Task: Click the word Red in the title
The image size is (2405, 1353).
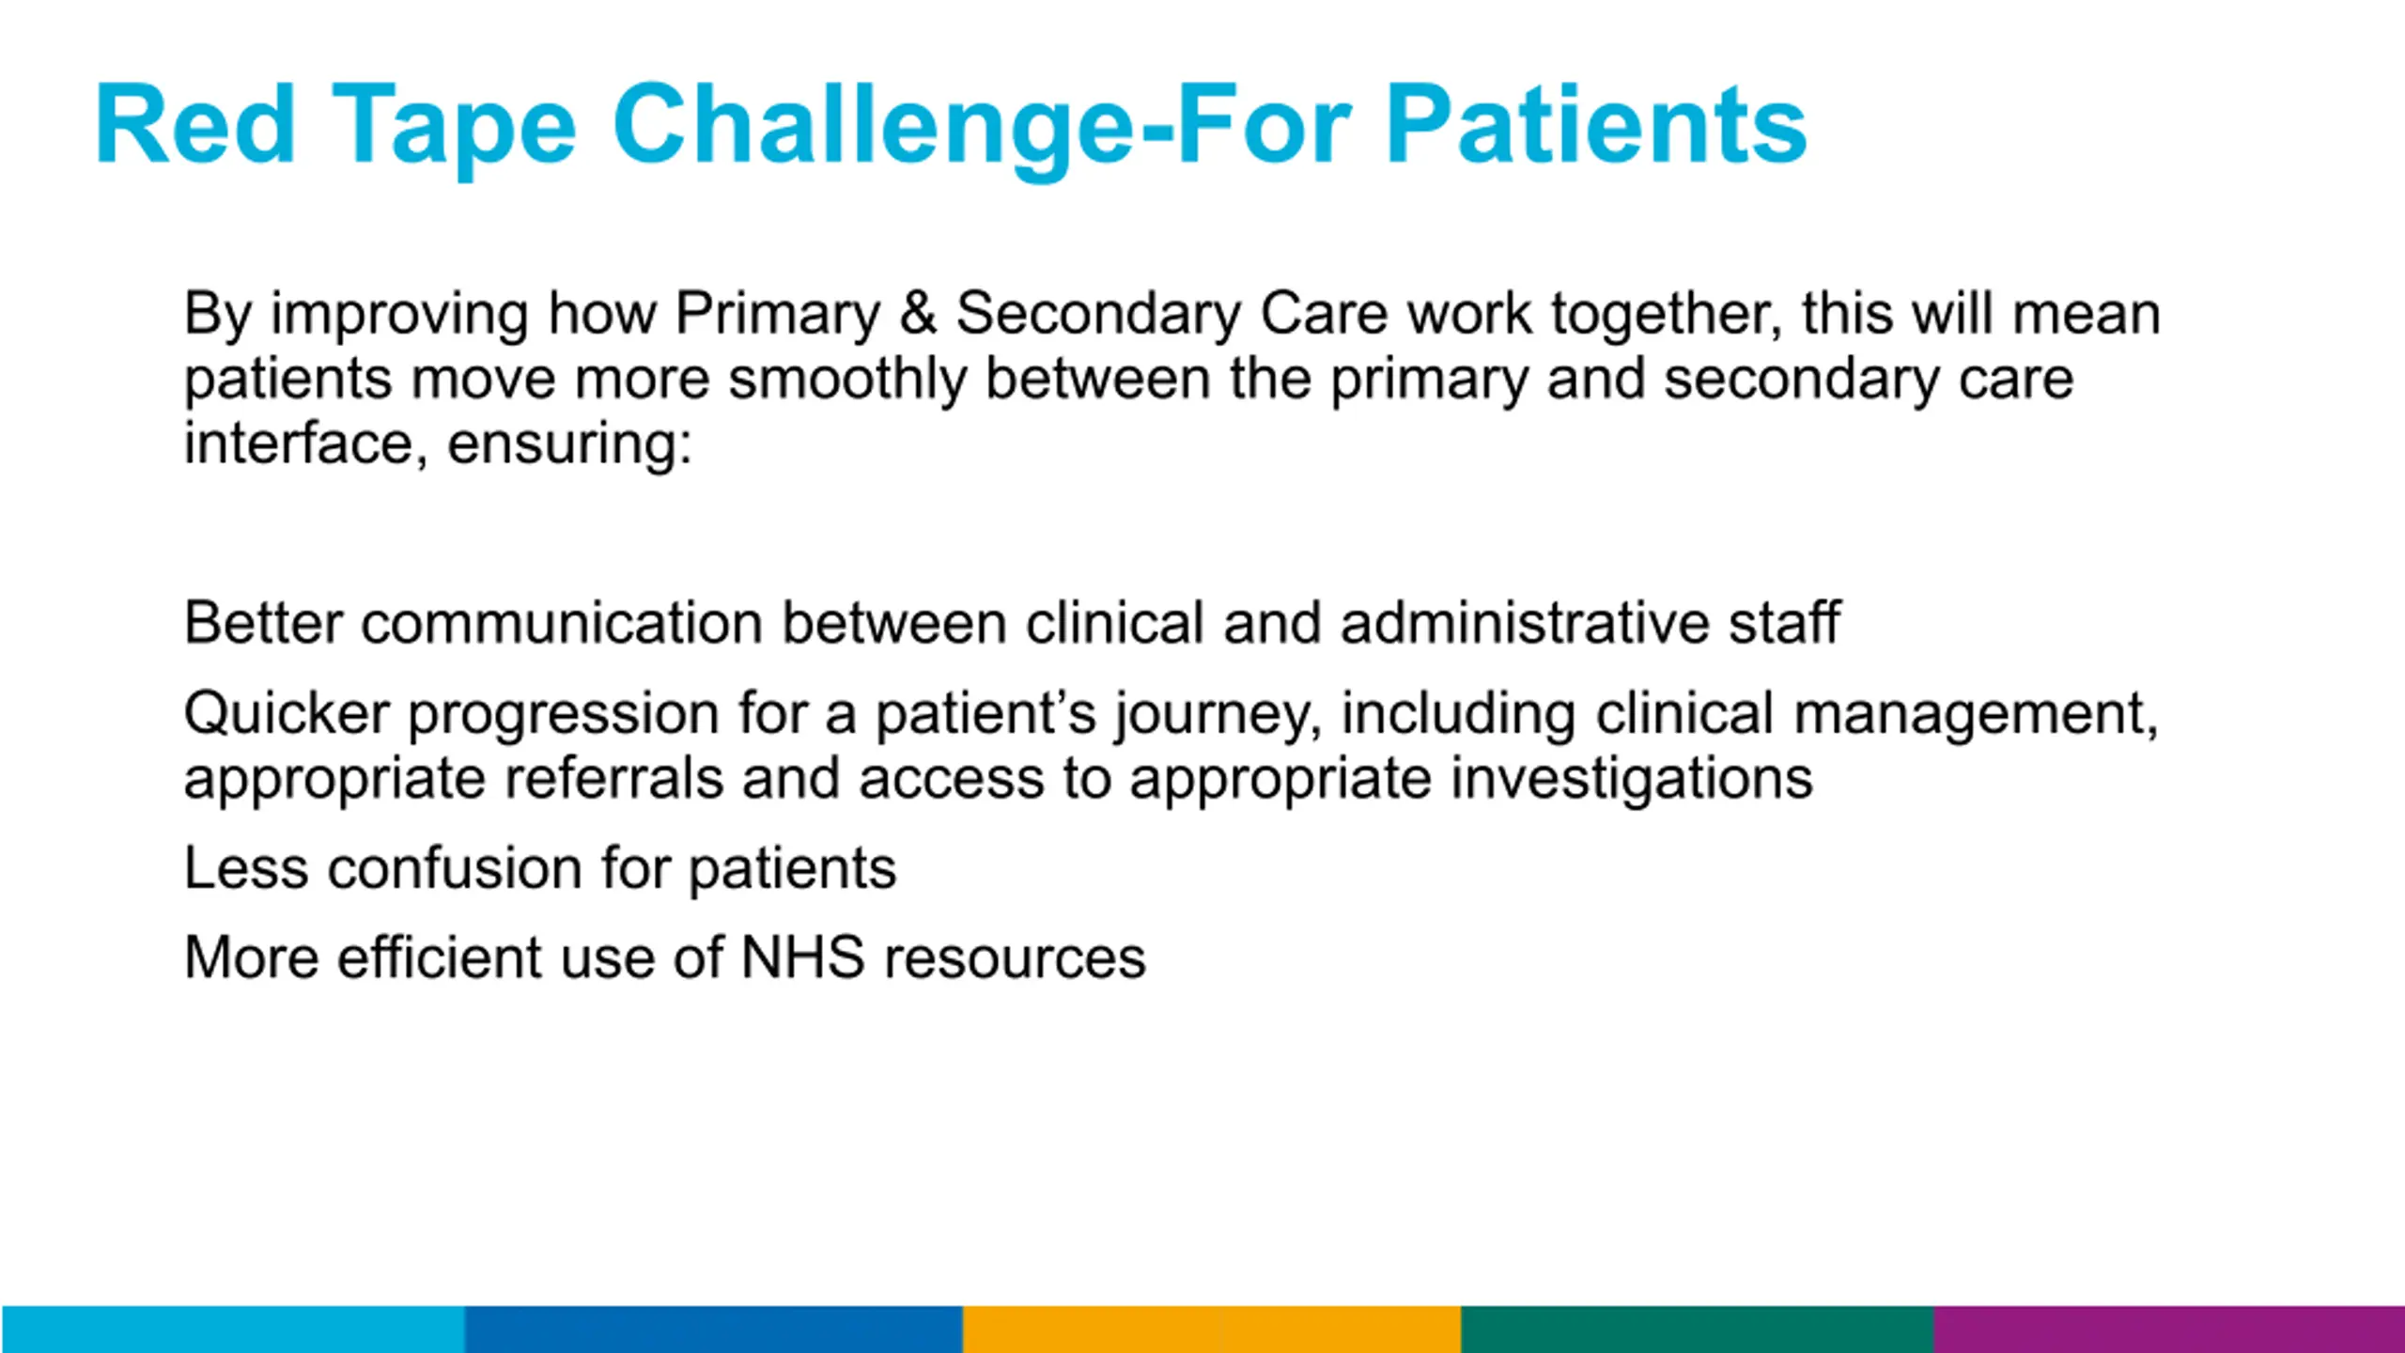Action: (x=196, y=124)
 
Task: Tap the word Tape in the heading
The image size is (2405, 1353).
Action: (x=454, y=132)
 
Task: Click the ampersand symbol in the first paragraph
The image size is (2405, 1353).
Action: (x=918, y=312)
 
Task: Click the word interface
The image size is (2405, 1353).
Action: (x=299, y=443)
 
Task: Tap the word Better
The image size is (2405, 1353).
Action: (x=263, y=622)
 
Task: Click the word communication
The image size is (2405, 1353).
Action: (x=562, y=622)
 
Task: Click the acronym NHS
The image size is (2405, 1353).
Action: (x=802, y=957)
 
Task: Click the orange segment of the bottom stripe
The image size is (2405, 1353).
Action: (x=1212, y=1329)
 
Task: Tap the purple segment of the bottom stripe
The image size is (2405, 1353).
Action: (x=2169, y=1329)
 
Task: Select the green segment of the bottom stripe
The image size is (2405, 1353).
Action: (x=1698, y=1329)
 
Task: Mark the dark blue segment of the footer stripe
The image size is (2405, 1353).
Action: (x=714, y=1329)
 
